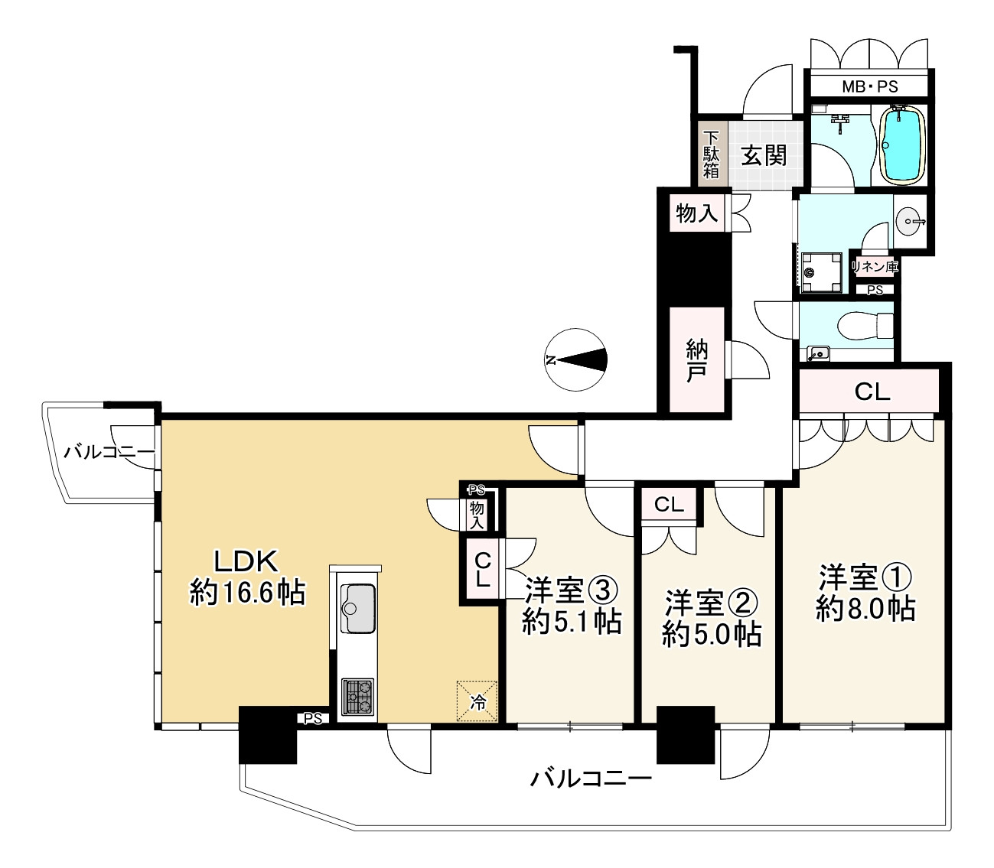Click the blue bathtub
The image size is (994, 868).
(x=904, y=145)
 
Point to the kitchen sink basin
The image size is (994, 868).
(x=357, y=609)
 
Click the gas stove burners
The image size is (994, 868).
(x=357, y=697)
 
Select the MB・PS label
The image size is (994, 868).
(x=869, y=86)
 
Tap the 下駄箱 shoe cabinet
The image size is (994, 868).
(x=712, y=154)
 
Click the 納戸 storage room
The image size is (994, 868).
(x=696, y=361)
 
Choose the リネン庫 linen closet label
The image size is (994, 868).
(x=875, y=267)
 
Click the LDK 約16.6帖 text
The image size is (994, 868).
(x=247, y=577)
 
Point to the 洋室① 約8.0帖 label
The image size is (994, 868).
(x=865, y=593)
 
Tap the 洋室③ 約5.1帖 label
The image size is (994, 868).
(x=571, y=606)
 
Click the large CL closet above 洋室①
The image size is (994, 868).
(x=872, y=392)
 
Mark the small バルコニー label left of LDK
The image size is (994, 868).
(x=109, y=451)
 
